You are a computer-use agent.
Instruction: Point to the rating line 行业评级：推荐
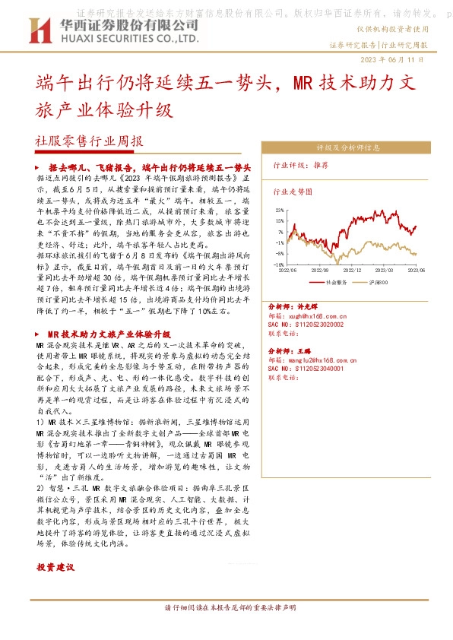pos(301,164)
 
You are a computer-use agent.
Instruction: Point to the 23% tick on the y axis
pos(280,209)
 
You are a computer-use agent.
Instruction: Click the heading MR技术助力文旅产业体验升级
pos(107,334)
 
